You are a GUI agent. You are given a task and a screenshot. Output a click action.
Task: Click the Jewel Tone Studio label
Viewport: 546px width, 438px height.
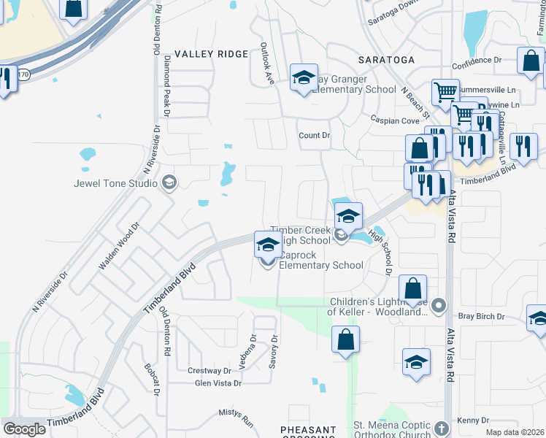pos(115,182)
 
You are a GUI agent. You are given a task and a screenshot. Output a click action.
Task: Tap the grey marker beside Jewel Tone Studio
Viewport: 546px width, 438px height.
pos(169,182)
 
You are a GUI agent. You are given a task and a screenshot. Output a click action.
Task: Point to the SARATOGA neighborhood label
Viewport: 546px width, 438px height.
pos(386,59)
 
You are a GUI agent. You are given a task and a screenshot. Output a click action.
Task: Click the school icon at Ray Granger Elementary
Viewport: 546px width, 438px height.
pos(304,79)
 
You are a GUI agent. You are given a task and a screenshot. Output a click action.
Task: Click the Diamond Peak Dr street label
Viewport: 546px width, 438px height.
pos(166,85)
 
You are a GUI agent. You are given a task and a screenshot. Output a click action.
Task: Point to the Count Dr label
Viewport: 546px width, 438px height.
pos(315,136)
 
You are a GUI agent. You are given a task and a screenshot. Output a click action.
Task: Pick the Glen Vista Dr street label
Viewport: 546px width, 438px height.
pos(218,383)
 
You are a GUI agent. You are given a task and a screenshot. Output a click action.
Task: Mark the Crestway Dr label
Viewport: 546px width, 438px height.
pos(209,371)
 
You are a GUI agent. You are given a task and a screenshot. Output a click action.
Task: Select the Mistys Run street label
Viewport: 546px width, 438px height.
pos(236,418)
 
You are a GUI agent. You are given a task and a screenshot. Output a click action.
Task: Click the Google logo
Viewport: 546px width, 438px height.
pos(24,429)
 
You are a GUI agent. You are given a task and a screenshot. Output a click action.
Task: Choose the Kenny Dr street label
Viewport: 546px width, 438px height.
pos(473,420)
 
